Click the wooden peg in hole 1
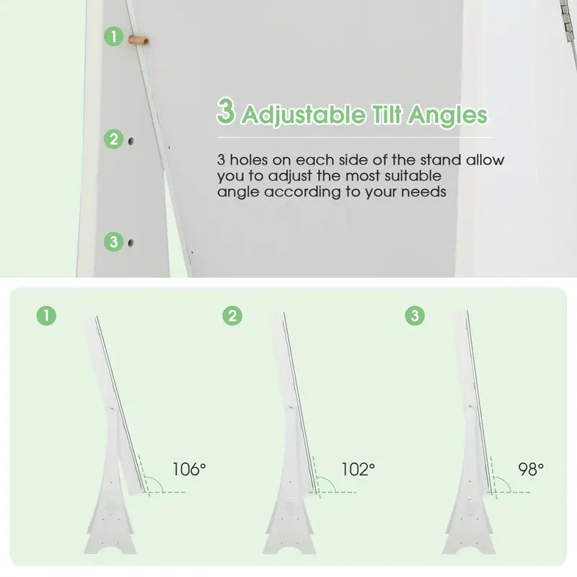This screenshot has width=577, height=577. pyautogui.click(x=138, y=40)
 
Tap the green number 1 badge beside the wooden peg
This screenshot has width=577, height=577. pyautogui.click(x=114, y=37)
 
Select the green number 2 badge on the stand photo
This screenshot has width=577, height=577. pyautogui.click(x=114, y=139)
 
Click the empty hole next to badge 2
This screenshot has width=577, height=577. pyautogui.click(x=131, y=141)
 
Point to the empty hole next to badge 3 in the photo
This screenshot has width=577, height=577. pyautogui.click(x=131, y=242)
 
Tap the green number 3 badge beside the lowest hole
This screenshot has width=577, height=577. pyautogui.click(x=114, y=242)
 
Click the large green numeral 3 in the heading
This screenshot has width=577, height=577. pyautogui.click(x=226, y=111)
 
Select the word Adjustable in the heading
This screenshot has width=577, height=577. pyautogui.click(x=304, y=115)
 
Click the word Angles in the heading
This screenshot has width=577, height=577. pyautogui.click(x=448, y=115)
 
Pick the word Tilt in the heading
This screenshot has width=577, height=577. pyautogui.click(x=387, y=114)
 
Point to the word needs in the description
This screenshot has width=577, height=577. pyautogui.click(x=423, y=192)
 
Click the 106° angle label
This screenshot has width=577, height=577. pyautogui.click(x=189, y=470)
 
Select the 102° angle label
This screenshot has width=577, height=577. pyautogui.click(x=358, y=470)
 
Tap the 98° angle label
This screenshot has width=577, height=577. pyautogui.click(x=531, y=470)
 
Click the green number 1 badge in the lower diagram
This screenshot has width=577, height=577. pyautogui.click(x=46, y=316)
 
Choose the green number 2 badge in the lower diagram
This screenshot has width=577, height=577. pyautogui.click(x=232, y=316)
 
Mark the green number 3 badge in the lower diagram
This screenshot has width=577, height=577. pyautogui.click(x=415, y=316)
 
